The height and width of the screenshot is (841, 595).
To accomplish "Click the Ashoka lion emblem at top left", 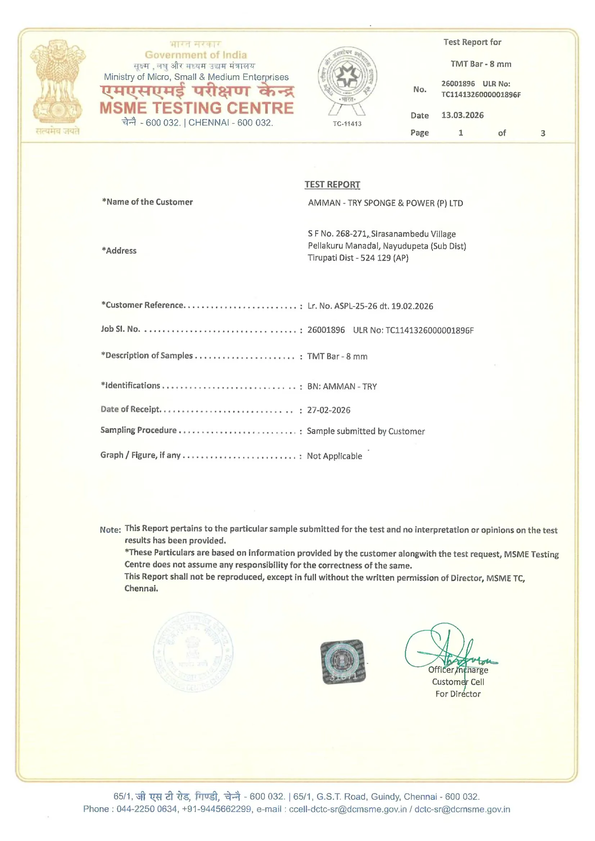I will coord(58,82).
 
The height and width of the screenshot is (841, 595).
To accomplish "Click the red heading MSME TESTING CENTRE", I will coord(197,108).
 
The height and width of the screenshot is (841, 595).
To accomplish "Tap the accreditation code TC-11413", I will coord(347,124).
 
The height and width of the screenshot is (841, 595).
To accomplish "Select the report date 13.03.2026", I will coord(462,115).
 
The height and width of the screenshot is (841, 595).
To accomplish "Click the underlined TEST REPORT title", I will coord(332,185).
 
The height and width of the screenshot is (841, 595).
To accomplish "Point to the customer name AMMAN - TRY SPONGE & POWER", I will coord(385,203).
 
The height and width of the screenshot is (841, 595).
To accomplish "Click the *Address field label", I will coord(119,251).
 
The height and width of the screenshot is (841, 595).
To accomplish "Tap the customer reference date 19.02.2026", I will coord(412,306).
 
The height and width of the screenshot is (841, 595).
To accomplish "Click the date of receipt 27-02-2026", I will coord(329,410).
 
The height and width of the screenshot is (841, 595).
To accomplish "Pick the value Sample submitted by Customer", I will coord(365,432).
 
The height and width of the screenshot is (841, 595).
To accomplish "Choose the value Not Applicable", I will coord(334,456).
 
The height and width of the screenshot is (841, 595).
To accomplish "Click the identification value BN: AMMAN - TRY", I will coord(342,387).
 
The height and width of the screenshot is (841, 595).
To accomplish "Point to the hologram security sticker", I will coord(343,662).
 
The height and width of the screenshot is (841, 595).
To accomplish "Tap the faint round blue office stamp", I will coord(193,652).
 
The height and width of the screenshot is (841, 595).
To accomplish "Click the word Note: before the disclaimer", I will coord(110,530).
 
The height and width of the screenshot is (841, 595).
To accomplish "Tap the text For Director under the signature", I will coord(458,694).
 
